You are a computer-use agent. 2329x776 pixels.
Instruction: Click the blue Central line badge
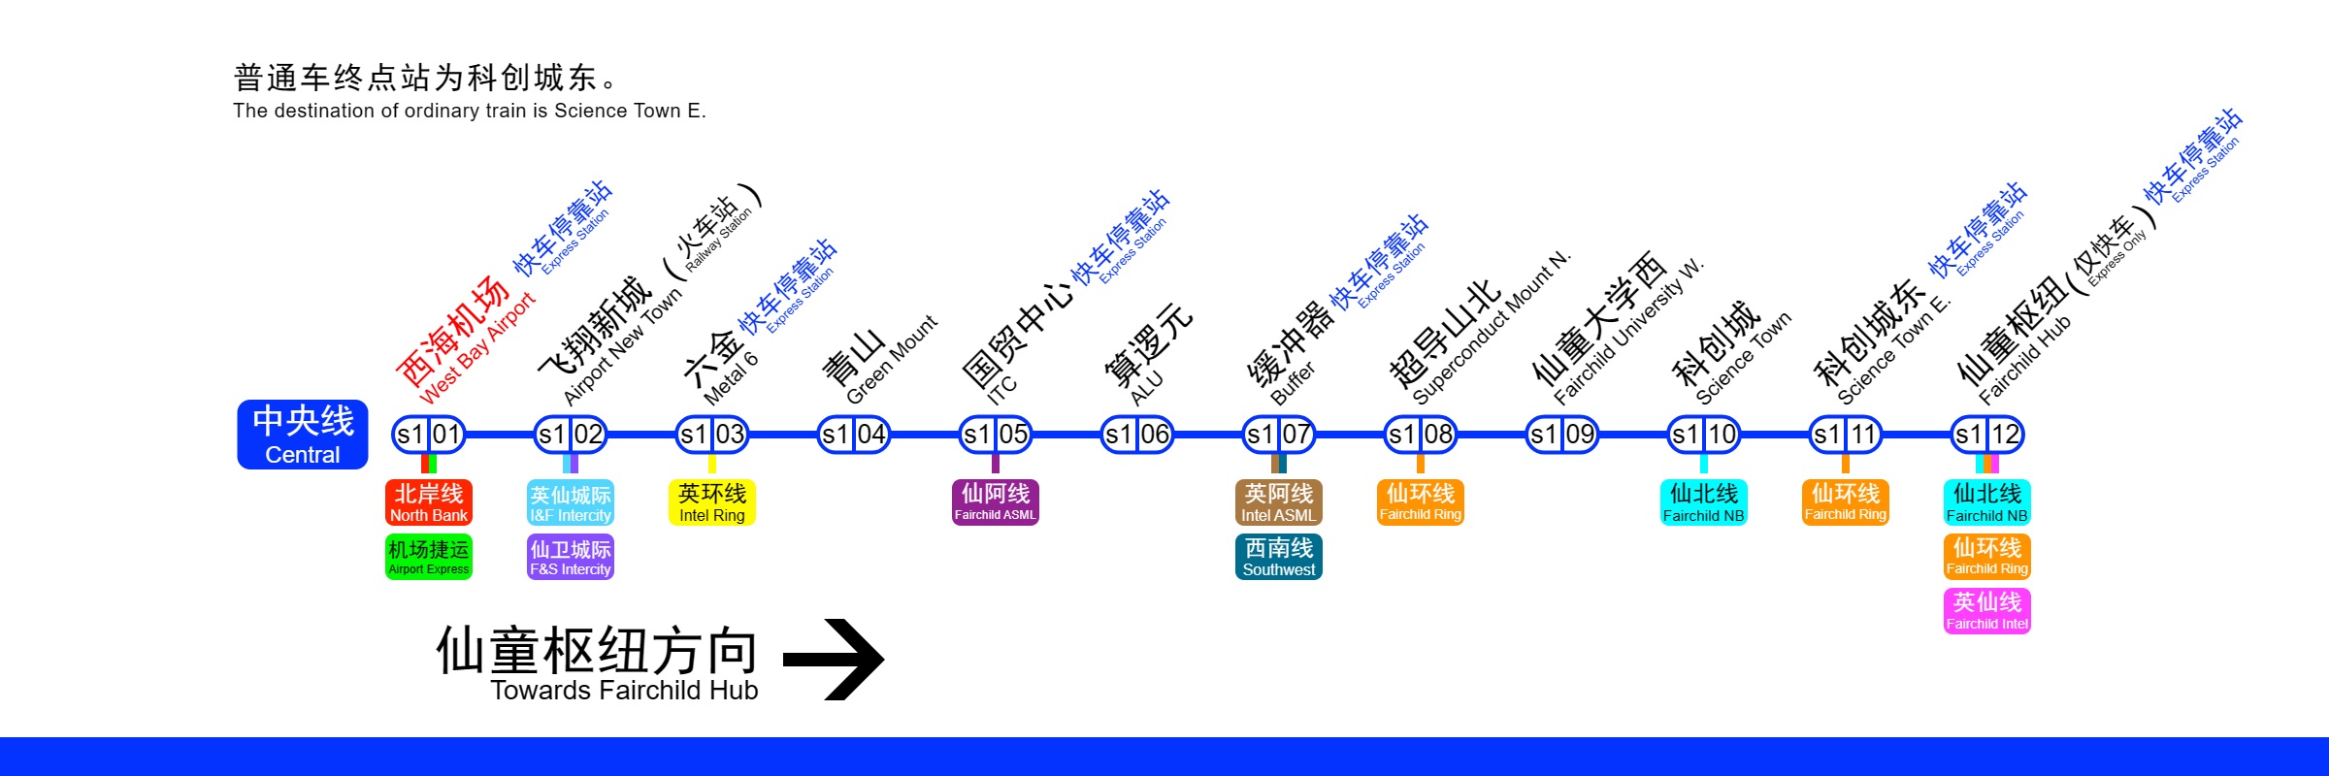(x=303, y=435)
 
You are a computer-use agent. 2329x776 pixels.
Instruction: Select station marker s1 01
(x=428, y=435)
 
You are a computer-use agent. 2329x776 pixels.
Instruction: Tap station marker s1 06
(x=1136, y=435)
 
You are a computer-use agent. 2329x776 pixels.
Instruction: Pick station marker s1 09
(x=1561, y=435)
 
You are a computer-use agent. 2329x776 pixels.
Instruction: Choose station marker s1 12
(x=1986, y=435)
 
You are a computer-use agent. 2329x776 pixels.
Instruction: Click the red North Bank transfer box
(x=429, y=502)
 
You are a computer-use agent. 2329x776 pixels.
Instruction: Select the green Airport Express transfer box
(x=429, y=557)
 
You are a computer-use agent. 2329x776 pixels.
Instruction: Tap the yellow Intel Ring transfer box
(x=712, y=502)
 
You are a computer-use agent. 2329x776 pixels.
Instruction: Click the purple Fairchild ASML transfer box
(x=996, y=502)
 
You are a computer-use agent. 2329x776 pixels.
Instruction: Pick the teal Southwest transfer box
(x=1279, y=557)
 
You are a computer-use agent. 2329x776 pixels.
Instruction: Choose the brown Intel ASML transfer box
(x=1279, y=502)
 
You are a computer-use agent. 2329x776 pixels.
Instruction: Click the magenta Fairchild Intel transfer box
(x=1987, y=611)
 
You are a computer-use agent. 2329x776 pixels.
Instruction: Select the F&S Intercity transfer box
(x=571, y=557)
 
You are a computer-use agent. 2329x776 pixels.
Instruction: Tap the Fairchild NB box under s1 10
(x=1704, y=502)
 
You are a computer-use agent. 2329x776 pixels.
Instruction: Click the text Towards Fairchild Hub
(x=624, y=691)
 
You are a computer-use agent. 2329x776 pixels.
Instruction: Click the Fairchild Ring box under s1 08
(x=1421, y=502)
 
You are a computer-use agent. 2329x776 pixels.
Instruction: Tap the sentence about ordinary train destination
(x=470, y=111)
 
